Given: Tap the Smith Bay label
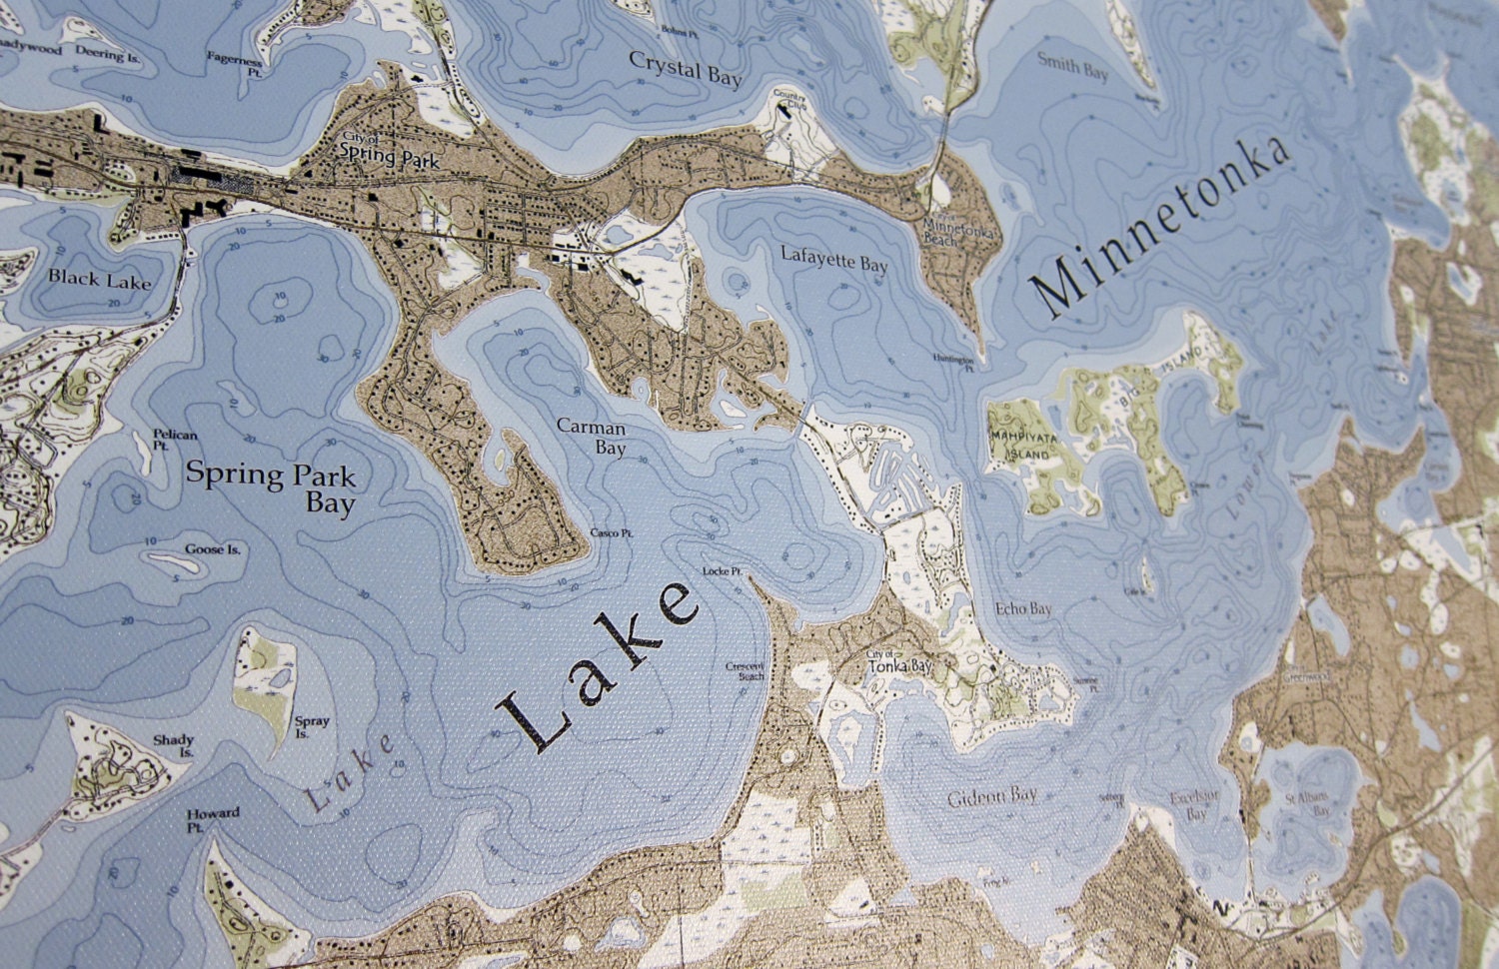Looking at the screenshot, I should pos(1073,66).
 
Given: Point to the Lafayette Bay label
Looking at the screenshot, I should pos(833,263).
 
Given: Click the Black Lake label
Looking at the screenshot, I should pos(100,280).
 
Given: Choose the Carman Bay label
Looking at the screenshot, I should pos(592,438).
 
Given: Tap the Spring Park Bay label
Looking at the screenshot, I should pos(271,486).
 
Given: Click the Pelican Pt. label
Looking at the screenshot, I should pos(175,441).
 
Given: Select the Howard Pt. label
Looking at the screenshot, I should pos(212,819).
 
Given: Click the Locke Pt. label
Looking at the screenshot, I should pos(721,571).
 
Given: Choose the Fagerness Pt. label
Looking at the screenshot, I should pos(236,66).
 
